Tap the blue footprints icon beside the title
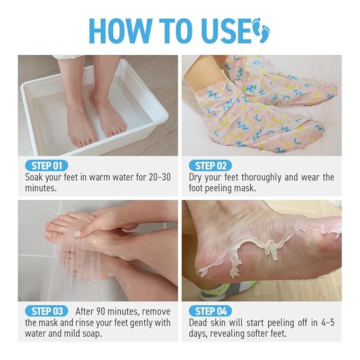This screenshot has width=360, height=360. pos(261,30)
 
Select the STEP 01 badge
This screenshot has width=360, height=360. pos(46,166)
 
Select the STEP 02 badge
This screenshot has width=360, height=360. pos(210,166)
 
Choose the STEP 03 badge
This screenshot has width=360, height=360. pos(47,311)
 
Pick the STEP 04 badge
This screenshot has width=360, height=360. pos(210,311)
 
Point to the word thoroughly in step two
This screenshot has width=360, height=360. pos(261,178)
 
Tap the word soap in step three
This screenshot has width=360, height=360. pos(92,333)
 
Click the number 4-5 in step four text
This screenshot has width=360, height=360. pos(328,322)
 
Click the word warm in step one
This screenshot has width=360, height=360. pos(100,178)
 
